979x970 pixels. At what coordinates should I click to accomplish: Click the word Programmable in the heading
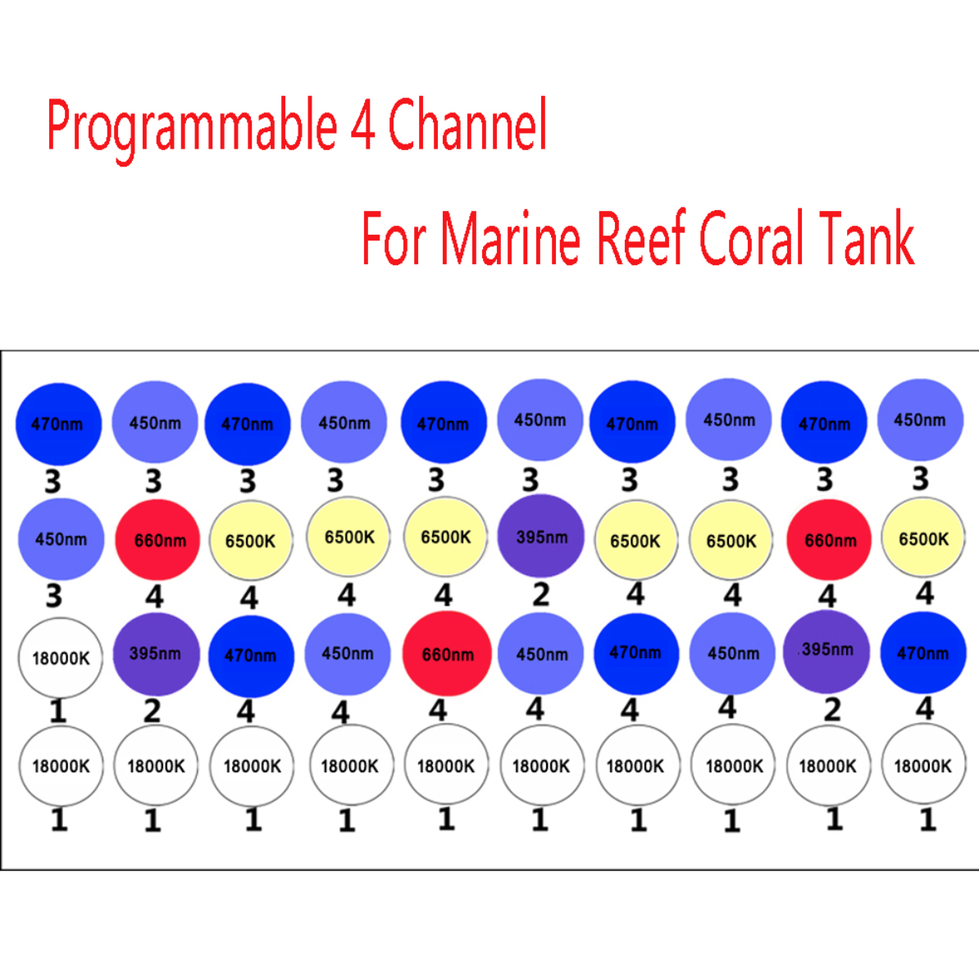tap(192, 127)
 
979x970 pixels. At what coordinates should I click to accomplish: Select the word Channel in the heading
tap(467, 124)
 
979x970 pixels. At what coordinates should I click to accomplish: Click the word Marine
tap(511, 238)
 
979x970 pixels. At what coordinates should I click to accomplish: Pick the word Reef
tap(642, 237)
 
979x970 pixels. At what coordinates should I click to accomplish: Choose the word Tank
tap(866, 238)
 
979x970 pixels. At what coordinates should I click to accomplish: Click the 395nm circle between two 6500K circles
tap(540, 536)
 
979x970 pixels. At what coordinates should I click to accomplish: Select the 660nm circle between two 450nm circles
tap(447, 654)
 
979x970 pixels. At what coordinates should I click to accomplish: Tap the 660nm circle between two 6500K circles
tap(828, 539)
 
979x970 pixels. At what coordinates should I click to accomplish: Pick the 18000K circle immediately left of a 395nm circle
tap(61, 658)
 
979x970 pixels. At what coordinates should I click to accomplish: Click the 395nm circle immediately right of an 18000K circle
tap(156, 654)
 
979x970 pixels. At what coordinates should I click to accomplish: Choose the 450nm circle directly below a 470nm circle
tap(61, 538)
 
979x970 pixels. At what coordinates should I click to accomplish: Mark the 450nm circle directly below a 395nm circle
tap(540, 654)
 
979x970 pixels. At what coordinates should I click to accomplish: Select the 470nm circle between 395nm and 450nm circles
tap(251, 656)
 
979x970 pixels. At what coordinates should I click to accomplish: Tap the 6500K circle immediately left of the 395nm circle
tap(445, 537)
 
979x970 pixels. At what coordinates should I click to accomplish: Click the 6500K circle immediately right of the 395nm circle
tap(635, 540)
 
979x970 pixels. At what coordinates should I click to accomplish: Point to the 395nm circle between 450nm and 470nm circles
tap(826, 652)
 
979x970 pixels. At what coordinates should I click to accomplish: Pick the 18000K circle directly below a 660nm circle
tap(446, 765)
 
